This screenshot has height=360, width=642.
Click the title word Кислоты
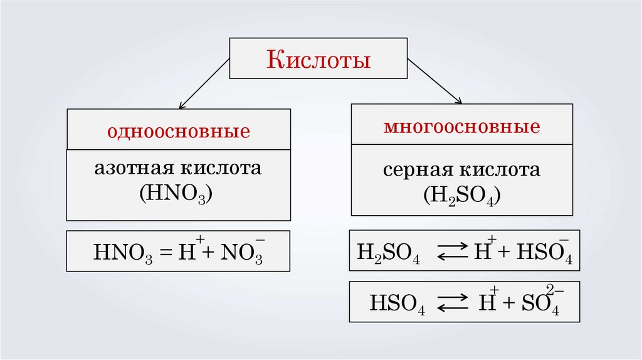(x=319, y=60)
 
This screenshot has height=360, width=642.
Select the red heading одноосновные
(x=179, y=132)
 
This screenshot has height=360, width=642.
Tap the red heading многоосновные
(x=461, y=127)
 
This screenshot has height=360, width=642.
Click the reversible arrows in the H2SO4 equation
(x=451, y=253)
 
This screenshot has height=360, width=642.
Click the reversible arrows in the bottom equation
(x=451, y=304)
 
